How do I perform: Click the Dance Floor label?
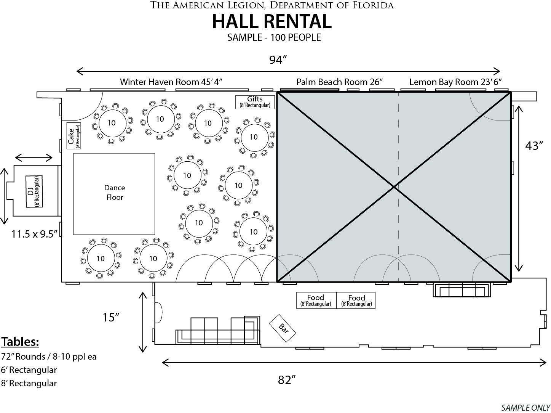[115, 192]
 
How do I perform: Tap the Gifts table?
[255, 102]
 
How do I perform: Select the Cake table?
[74, 136]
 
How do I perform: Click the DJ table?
[34, 191]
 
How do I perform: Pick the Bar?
[283, 328]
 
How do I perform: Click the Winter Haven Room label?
[171, 82]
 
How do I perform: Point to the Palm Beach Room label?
[339, 82]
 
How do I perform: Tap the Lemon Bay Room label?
[455, 82]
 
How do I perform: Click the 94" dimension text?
[278, 60]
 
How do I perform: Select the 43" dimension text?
[534, 146]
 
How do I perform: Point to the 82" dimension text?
[287, 380]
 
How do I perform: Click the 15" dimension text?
[111, 317]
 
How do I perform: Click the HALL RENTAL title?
[272, 22]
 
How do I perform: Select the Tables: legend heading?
[20, 342]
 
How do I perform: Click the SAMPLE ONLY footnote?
[525, 407]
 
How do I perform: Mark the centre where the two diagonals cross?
[394, 187]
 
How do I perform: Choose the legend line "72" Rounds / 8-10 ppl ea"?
[49, 357]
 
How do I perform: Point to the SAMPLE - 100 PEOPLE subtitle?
[274, 37]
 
